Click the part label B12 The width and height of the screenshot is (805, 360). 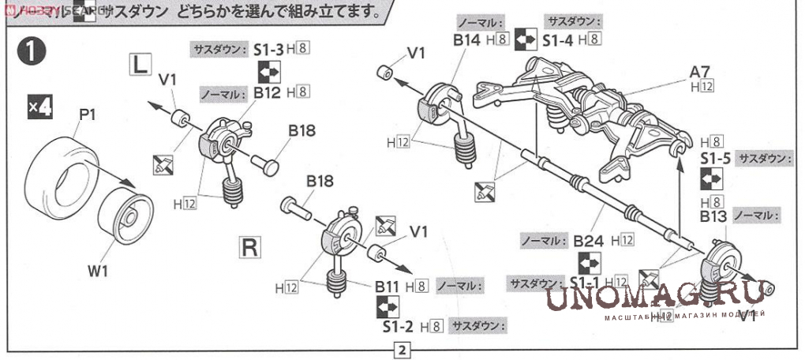click(267, 92)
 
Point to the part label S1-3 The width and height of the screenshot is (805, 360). click(268, 49)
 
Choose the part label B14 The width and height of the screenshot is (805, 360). click(467, 39)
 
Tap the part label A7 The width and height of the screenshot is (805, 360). click(701, 71)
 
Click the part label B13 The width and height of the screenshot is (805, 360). click(713, 216)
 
